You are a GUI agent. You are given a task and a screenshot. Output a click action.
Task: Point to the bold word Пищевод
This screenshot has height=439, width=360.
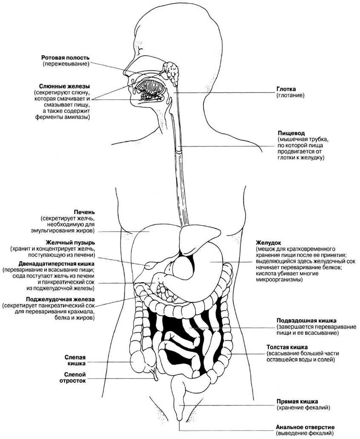(x=291, y=133)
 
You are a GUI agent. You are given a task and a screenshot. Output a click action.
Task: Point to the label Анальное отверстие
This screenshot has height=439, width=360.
(x=306, y=427)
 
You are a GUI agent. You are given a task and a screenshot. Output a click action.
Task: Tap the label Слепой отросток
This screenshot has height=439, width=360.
(x=75, y=377)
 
